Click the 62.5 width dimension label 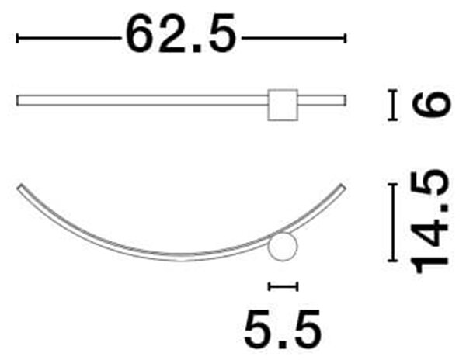click(181, 33)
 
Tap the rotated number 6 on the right click(431, 104)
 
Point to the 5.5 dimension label click(283, 329)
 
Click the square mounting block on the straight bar click(283, 105)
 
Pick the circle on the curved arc click(283, 247)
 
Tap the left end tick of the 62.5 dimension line click(17, 38)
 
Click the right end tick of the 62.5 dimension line click(345, 38)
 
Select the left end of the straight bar click(17, 100)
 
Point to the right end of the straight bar click(346, 100)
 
